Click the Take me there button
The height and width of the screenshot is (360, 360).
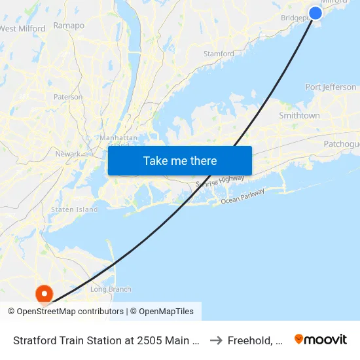(x=180, y=160)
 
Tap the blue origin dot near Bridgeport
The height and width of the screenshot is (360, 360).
(x=315, y=13)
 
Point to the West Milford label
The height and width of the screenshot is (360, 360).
(x=23, y=28)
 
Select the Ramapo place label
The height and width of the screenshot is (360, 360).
(x=69, y=26)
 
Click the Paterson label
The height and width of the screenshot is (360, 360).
(x=68, y=97)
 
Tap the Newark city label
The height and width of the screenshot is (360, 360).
(x=68, y=154)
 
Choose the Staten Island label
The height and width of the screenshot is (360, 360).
(x=74, y=209)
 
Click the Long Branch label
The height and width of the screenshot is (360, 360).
(x=111, y=289)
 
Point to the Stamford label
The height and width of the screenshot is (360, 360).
(x=219, y=54)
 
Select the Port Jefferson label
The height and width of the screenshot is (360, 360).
(x=331, y=87)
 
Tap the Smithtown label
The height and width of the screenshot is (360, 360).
(x=299, y=116)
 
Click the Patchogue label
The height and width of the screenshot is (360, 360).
(x=341, y=143)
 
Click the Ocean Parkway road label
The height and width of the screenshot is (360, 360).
(x=242, y=196)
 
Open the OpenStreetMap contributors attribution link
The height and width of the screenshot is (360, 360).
(x=65, y=312)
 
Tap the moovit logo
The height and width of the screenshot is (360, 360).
(x=321, y=339)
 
